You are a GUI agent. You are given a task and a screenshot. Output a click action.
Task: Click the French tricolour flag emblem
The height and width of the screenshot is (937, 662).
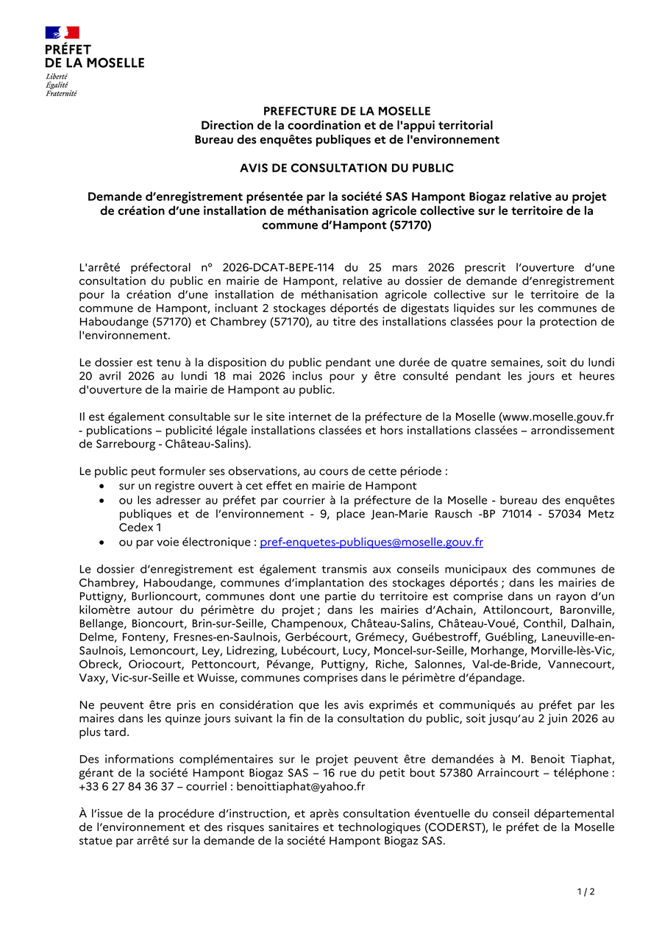[62, 32]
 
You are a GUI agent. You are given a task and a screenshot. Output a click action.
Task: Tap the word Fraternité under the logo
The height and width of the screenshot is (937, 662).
[61, 93]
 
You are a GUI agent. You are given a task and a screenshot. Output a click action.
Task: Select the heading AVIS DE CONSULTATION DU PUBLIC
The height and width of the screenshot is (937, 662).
[346, 168]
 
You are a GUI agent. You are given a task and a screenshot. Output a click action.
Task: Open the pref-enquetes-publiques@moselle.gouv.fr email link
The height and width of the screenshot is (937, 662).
[371, 542]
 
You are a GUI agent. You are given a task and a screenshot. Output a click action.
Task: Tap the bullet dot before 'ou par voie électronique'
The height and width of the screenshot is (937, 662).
[101, 542]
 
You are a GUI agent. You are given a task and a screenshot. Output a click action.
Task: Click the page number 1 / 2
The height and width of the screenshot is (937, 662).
[586, 892]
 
